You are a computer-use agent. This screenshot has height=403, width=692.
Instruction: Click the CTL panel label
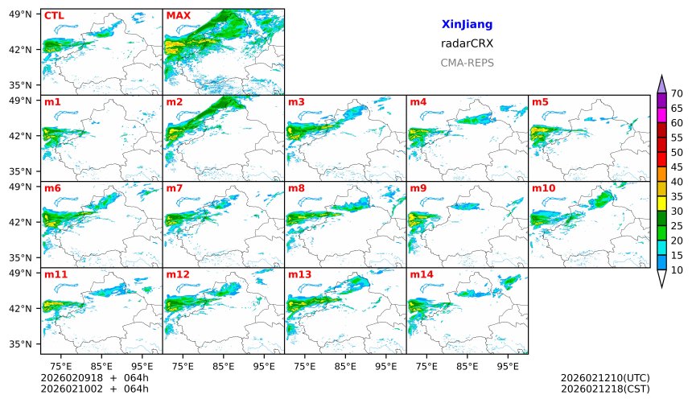[x=54, y=15]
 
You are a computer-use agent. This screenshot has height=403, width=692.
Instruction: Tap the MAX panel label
[x=178, y=15]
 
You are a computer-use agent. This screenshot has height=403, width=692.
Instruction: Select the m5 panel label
[x=540, y=102]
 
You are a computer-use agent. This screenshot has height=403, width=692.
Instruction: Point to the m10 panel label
[x=543, y=188]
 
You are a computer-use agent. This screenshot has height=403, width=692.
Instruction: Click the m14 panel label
[x=421, y=274]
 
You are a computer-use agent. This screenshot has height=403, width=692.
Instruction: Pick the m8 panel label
[x=296, y=188]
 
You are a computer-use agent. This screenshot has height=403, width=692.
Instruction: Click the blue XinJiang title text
[x=467, y=25]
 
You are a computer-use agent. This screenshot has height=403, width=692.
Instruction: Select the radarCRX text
[x=467, y=43]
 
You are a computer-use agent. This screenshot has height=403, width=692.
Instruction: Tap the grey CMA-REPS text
[x=467, y=63]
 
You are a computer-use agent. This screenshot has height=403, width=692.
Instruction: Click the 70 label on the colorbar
[x=677, y=94]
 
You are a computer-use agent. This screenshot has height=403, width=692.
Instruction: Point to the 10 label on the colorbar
[x=677, y=270]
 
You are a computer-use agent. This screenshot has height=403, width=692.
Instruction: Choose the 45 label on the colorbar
[x=677, y=167]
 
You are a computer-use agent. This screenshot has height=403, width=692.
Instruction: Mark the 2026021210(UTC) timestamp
[x=604, y=378]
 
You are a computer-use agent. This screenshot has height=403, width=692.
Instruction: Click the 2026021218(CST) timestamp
[x=604, y=389]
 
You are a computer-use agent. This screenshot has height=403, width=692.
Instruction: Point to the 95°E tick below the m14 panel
[x=508, y=366]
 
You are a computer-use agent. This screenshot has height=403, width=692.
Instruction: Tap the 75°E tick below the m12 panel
[x=183, y=366]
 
